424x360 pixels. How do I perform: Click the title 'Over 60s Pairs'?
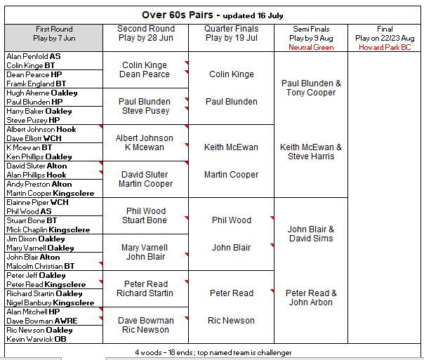point(178,15)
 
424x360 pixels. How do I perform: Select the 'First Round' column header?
point(54,29)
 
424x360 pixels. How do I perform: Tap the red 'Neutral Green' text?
point(311,47)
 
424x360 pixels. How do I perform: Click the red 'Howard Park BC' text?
point(385,47)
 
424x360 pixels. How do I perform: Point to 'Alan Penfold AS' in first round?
point(34,56)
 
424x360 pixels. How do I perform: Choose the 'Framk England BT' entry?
point(37,84)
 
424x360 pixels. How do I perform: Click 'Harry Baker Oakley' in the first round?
point(39,111)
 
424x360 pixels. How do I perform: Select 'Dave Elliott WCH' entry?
point(34,138)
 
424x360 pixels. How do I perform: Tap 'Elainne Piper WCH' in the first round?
point(37,202)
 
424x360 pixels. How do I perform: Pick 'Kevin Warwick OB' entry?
point(37,339)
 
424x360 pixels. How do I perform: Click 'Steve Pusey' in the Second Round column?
point(146,111)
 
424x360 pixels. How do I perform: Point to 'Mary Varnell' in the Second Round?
point(145,248)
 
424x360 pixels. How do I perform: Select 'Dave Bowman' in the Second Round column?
point(146,321)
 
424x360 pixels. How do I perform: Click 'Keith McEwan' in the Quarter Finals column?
point(231,147)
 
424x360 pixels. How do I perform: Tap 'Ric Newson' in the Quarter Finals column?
point(231,321)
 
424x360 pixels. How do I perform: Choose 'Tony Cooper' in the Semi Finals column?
point(311,93)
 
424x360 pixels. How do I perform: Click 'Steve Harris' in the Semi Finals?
point(311,156)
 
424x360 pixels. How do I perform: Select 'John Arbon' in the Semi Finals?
point(311,302)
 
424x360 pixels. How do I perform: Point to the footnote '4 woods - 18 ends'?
point(164,352)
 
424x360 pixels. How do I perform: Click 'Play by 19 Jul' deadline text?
point(232,38)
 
